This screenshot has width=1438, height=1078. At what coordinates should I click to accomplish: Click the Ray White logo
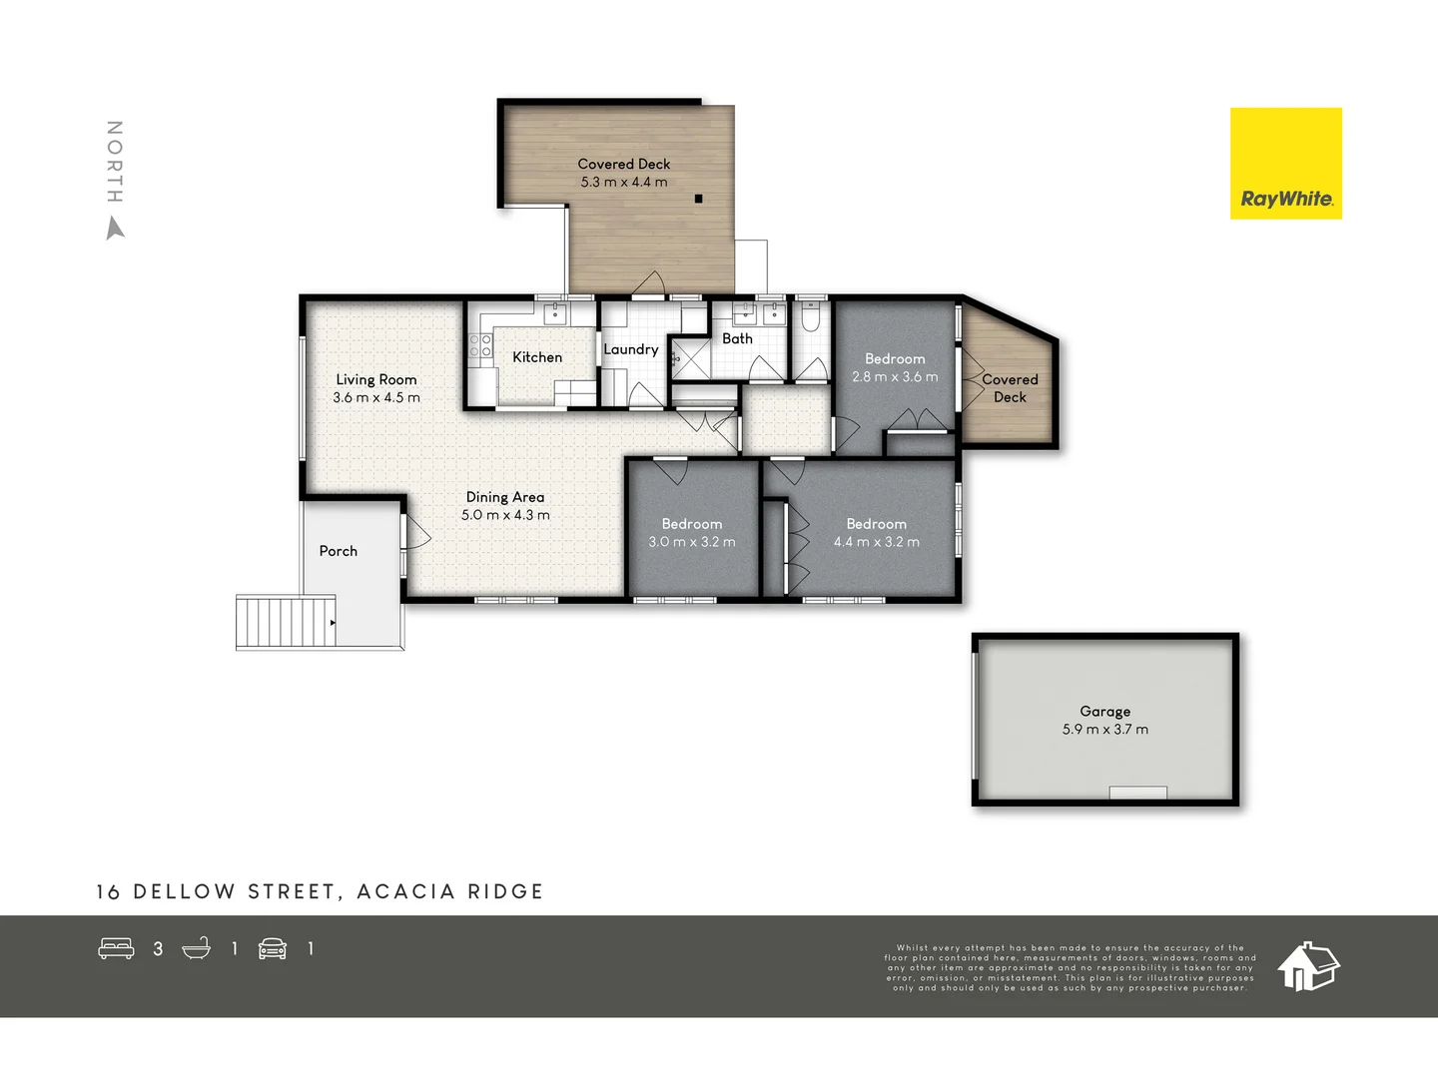[x=1285, y=164]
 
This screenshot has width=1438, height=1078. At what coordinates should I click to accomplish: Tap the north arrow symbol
[x=116, y=230]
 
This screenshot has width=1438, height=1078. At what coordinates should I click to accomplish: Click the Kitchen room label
[x=537, y=357]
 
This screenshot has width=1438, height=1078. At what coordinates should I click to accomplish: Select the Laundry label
[x=630, y=349]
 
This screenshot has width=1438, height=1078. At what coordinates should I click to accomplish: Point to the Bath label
[x=737, y=338]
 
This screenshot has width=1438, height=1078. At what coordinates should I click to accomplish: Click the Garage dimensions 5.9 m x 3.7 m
[x=1104, y=730]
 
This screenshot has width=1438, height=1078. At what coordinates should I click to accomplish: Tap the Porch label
[x=338, y=551]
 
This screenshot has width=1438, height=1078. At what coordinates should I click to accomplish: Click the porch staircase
[x=286, y=621]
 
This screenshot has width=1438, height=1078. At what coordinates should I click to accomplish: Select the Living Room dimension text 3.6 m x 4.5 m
[x=376, y=397]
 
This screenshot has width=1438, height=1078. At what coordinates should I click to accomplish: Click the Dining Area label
[x=505, y=497]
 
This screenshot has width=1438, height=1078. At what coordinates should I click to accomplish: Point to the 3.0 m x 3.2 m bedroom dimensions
[x=691, y=542]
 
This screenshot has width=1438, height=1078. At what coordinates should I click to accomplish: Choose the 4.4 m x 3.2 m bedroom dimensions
[x=876, y=542]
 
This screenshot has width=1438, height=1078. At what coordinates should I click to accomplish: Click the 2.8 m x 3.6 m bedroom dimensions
[x=895, y=377]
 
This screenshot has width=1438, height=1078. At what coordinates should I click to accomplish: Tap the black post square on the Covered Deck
[x=698, y=199]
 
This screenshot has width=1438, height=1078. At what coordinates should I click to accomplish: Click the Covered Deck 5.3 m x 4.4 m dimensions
[x=624, y=183]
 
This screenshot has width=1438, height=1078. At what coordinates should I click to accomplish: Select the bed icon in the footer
[x=116, y=948]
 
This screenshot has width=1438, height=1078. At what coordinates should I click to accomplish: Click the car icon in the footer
[x=273, y=948]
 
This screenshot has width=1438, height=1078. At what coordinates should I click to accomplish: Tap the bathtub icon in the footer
[x=197, y=948]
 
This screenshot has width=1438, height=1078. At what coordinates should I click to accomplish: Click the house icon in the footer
[x=1308, y=965]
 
